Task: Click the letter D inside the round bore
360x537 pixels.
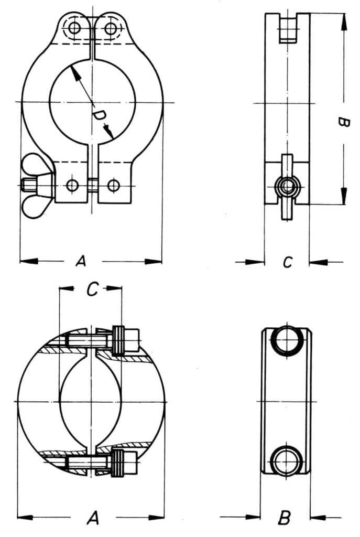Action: pos(99,115)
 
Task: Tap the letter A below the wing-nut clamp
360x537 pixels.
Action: pos(81,261)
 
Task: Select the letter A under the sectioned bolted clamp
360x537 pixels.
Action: pos(93,518)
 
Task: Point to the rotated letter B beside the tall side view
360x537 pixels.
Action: pos(344,123)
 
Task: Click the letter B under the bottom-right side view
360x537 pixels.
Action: pos(285,518)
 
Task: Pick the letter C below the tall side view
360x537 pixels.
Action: pos(288,262)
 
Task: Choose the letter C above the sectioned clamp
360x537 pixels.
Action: pos(93,289)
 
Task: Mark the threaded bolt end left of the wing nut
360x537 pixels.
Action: pos(27,186)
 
